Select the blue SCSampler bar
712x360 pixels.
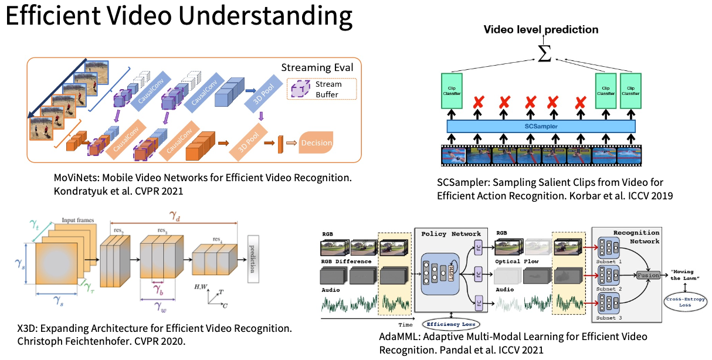pyautogui.click(x=541, y=126)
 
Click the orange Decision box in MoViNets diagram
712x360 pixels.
pyautogui.click(x=316, y=142)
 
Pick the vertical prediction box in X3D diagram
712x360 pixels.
pyautogui.click(x=253, y=259)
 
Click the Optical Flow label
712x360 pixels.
pyautogui.click(x=517, y=261)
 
